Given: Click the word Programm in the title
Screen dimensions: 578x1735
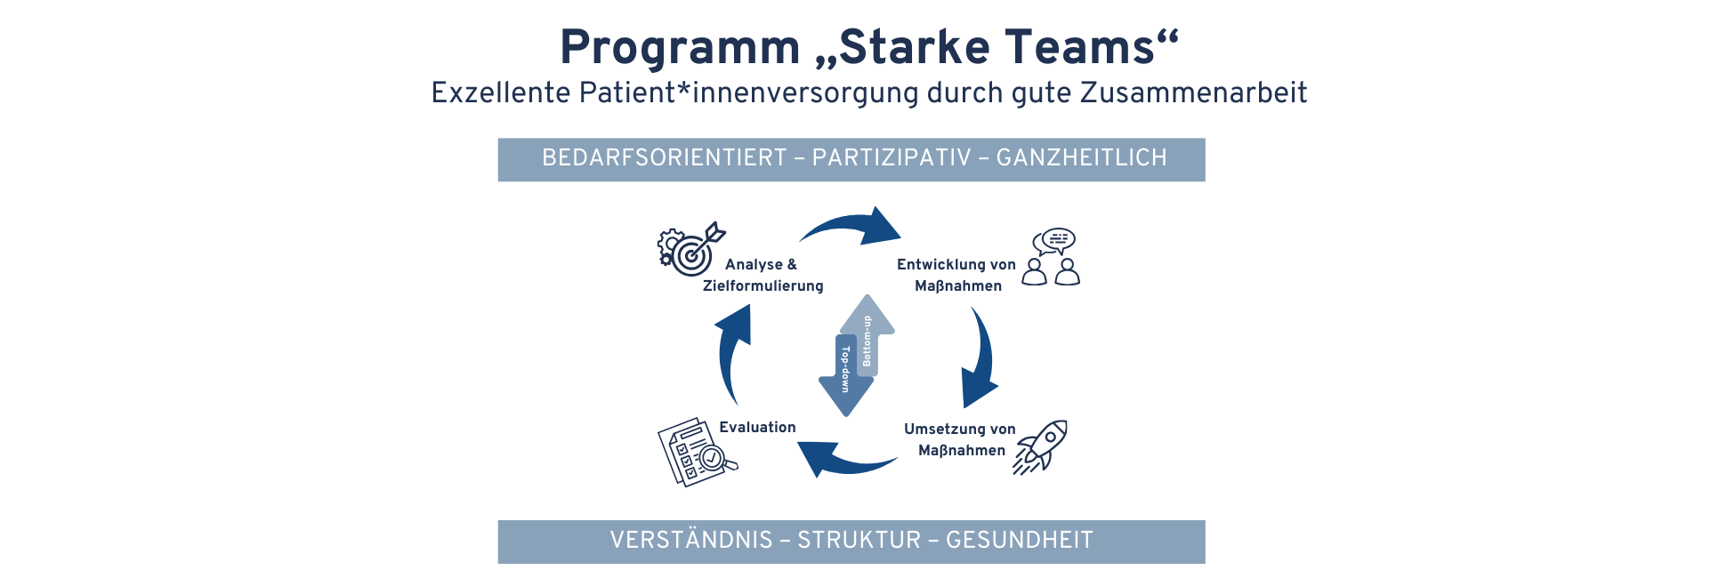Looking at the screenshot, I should [680, 48].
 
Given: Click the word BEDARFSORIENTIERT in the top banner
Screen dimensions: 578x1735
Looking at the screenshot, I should [665, 158].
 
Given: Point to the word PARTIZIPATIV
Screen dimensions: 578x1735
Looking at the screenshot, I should [892, 158].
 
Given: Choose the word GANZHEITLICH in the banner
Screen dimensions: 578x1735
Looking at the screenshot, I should [1081, 158].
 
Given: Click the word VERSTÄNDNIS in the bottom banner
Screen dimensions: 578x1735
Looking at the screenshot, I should [691, 541].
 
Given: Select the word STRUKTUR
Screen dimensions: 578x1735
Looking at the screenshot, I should [859, 541].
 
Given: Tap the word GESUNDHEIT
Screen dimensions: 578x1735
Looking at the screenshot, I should [1019, 541].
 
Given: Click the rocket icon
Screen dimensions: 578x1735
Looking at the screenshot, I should [1042, 446].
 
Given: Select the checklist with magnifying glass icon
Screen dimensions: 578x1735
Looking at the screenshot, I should [696, 452].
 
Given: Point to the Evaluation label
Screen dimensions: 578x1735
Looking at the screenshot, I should [757, 428].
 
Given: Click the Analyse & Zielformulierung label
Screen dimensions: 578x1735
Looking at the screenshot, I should [763, 275].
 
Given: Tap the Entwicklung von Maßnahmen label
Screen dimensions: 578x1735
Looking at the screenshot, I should [956, 275].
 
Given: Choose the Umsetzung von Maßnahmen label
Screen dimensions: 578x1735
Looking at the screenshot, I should [960, 439].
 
